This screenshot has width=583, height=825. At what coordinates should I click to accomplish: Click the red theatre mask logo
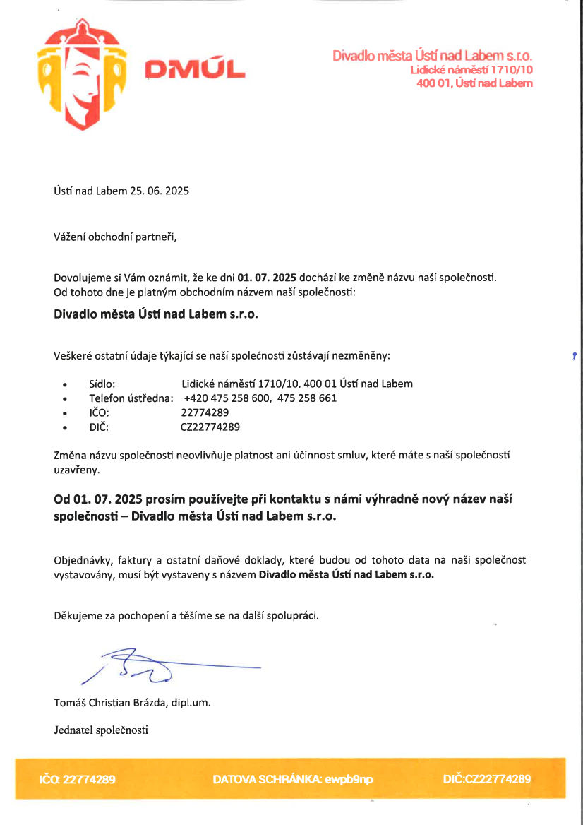point(82,73)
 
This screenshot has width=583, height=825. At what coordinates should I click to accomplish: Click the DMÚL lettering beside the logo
point(195,69)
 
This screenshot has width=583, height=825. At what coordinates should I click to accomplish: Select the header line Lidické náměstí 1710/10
point(471,70)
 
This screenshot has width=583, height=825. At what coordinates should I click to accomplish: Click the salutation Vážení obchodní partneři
point(115,237)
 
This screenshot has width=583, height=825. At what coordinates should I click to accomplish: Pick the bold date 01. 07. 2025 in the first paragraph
point(266,276)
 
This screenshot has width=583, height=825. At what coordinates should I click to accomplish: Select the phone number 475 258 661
point(307,398)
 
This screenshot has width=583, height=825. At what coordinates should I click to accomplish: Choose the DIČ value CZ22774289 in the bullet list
point(210,427)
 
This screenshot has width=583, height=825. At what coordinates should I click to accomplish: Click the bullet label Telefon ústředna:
point(131,398)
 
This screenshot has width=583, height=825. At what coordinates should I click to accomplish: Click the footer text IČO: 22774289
point(77,780)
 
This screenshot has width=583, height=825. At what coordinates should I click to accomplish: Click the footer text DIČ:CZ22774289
point(486,780)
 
